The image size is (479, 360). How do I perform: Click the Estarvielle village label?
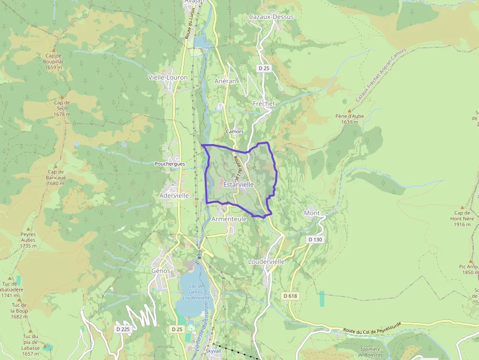(x=239, y=185)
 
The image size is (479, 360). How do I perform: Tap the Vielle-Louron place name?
(x=168, y=77)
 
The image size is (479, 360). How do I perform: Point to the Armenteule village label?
(x=229, y=219)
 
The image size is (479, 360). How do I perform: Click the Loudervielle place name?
(x=266, y=261)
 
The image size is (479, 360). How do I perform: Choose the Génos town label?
(x=161, y=271)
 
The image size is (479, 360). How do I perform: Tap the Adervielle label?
(x=174, y=195)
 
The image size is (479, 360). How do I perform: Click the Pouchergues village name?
(x=170, y=164)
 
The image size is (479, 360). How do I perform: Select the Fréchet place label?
(x=264, y=104)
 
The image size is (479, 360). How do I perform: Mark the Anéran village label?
(x=225, y=81)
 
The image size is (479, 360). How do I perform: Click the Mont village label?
(x=312, y=213)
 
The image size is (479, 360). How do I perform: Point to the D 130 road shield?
(x=316, y=239)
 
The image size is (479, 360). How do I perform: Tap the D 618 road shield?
(x=290, y=296)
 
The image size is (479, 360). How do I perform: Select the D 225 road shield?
(x=123, y=329)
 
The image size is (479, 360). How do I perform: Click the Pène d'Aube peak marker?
(x=349, y=111)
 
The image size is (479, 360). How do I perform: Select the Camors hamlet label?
(x=235, y=131)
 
